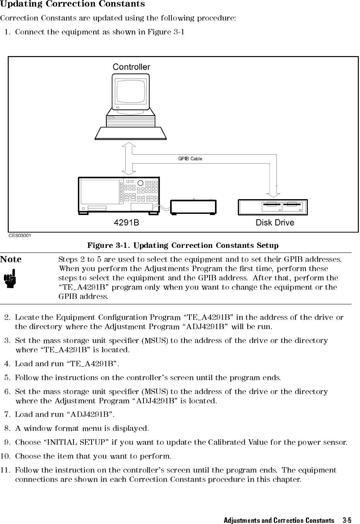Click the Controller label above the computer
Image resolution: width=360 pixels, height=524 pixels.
point(131,67)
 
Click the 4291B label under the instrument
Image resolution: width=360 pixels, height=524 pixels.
point(126,223)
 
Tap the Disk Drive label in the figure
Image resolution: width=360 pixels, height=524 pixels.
point(275,223)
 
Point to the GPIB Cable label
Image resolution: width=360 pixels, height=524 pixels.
point(190,159)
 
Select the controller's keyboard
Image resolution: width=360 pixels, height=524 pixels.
point(131,133)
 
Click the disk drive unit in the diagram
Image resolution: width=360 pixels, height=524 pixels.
point(273,207)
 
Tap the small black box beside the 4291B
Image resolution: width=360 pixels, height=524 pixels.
point(193,207)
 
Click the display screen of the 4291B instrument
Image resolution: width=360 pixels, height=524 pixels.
point(100,192)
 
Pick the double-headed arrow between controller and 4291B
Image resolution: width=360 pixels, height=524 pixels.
point(129,159)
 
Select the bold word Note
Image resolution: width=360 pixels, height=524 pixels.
point(11,259)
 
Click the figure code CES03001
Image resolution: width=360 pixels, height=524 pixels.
point(20,235)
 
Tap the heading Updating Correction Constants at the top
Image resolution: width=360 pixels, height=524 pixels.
point(72,4)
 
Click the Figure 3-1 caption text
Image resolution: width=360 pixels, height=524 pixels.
point(183,246)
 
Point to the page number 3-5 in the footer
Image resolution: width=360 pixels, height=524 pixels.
point(347,520)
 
